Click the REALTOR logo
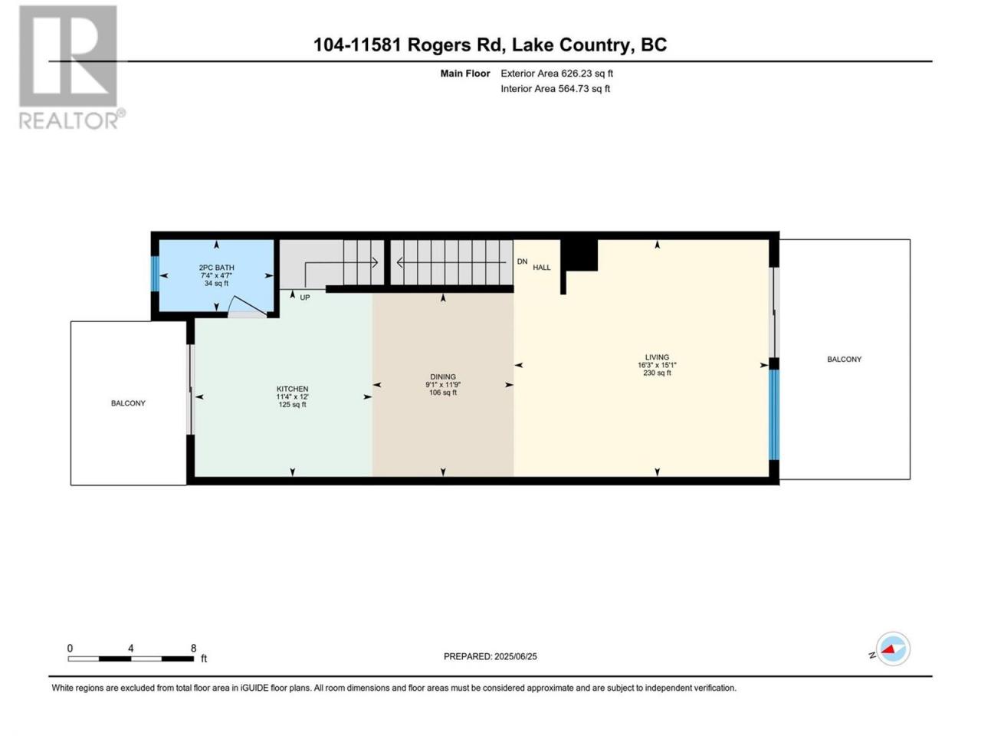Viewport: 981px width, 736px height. [71, 67]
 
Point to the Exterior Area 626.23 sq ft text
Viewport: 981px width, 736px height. [557, 74]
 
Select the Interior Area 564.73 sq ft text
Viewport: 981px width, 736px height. [555, 88]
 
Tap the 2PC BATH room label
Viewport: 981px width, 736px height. [216, 268]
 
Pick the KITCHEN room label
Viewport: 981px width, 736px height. [292, 389]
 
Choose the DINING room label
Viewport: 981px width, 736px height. [443, 377]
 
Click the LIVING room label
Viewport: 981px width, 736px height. [657, 357]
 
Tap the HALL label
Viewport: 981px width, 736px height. [542, 268]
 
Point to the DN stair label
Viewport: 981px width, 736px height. [522, 261]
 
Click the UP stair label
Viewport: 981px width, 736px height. [305, 297]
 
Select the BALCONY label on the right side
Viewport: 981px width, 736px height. [845, 360]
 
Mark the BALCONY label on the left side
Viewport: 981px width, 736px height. [128, 403]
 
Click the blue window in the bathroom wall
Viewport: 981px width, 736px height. [155, 274]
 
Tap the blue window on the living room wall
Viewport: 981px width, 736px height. [774, 415]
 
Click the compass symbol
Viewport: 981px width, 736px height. [893, 649]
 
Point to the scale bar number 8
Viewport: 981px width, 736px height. [194, 649]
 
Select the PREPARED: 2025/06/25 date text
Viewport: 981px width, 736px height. [490, 656]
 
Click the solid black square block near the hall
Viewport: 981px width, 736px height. [579, 255]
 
